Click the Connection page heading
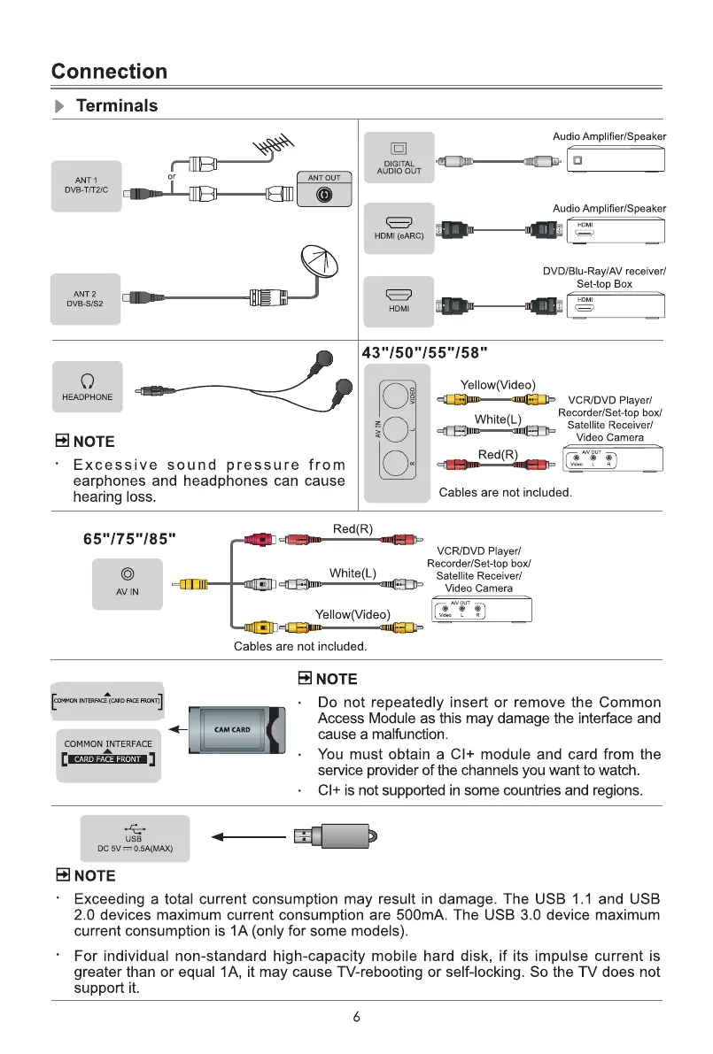109,72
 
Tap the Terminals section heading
117,106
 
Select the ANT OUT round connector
324,196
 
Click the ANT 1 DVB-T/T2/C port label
86,187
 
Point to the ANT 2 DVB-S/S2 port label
86,299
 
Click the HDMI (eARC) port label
399,235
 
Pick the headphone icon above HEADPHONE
87,381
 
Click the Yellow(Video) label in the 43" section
498,384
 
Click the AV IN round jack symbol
128,573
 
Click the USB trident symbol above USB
134,827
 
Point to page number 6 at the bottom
356,1017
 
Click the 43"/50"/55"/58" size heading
425,353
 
